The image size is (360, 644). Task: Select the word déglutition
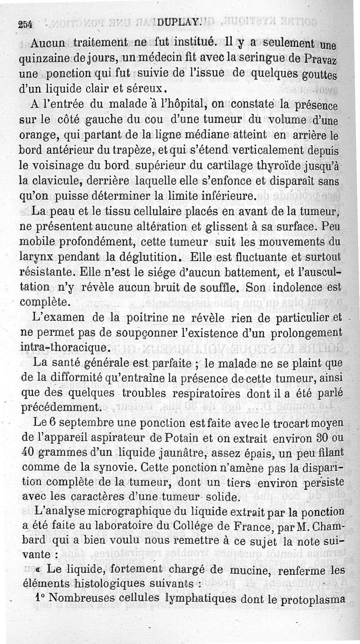coord(148,258)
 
